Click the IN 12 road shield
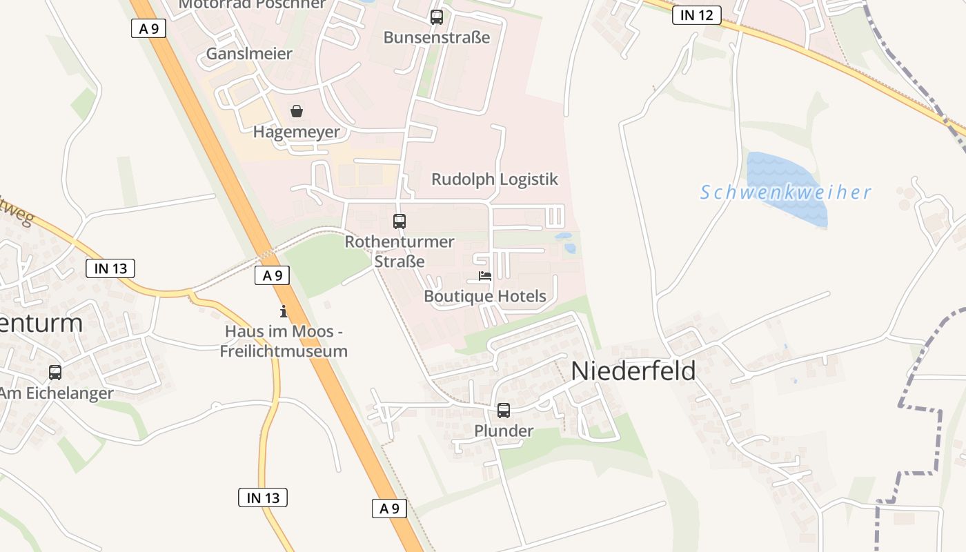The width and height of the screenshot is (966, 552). click(696, 15)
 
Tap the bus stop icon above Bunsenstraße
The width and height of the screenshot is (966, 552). click(436, 17)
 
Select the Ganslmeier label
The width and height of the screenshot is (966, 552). click(249, 54)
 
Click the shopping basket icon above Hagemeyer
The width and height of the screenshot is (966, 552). click(297, 111)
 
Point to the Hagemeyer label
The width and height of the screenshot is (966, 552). click(297, 132)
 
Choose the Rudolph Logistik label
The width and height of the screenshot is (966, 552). click(494, 179)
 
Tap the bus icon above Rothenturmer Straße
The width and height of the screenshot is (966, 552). click(400, 221)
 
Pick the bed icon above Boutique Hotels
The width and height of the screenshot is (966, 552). click(485, 277)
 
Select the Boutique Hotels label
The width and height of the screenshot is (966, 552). click(485, 297)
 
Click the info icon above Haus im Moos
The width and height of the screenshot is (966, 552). click(283, 311)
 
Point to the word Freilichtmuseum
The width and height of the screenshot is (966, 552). click(284, 351)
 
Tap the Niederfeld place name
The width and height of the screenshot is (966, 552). click(633, 371)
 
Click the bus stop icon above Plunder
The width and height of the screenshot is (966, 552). click(504, 411)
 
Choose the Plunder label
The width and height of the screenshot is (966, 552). click(504, 431)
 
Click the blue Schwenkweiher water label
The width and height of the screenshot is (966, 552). click(785, 193)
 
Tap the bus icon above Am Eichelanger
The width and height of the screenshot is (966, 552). click(55, 373)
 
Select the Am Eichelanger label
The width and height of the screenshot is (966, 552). click(57, 393)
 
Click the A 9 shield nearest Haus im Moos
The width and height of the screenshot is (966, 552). click(272, 275)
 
